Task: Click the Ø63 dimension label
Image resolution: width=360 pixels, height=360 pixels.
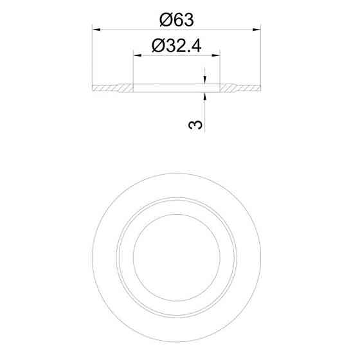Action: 177,20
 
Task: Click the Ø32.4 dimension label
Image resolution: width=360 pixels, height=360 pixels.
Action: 177,46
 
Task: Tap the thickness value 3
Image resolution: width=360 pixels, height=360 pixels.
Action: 195,125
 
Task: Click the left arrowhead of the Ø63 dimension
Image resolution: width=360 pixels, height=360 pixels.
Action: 96,30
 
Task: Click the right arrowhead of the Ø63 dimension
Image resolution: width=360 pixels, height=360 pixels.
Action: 256,30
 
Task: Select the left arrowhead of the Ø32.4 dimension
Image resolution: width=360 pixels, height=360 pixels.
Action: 138,55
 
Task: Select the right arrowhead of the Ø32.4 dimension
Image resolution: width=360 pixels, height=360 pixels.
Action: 216,55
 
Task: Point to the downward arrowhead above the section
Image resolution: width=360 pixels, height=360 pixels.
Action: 205,80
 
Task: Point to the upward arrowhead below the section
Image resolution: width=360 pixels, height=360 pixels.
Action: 205,96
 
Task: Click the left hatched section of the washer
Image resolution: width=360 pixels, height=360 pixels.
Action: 113,88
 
